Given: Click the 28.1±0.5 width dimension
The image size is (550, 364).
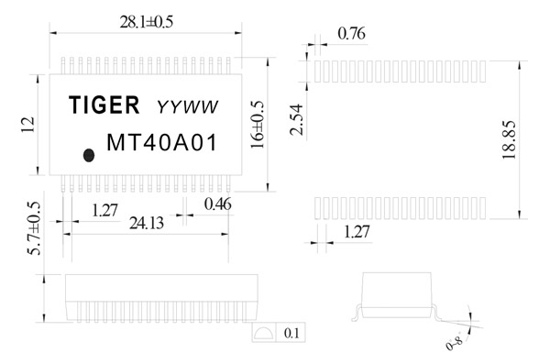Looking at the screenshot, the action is point(147,22).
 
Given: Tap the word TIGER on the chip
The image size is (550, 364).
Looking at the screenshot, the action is point(104,105).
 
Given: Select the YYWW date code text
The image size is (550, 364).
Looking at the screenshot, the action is point(188,107).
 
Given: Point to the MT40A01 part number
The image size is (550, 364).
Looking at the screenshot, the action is point(161,142).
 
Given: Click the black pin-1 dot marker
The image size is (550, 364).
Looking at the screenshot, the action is point(89,155).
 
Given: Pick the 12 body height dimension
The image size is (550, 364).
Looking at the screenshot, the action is point(27,125).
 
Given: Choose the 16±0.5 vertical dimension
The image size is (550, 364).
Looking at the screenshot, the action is point(257,125).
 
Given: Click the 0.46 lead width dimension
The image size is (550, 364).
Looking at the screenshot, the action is point(218,204).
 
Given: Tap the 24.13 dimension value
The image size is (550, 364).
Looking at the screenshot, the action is point(147,223).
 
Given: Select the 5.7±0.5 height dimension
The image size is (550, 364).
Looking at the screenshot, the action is point(35,228).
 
